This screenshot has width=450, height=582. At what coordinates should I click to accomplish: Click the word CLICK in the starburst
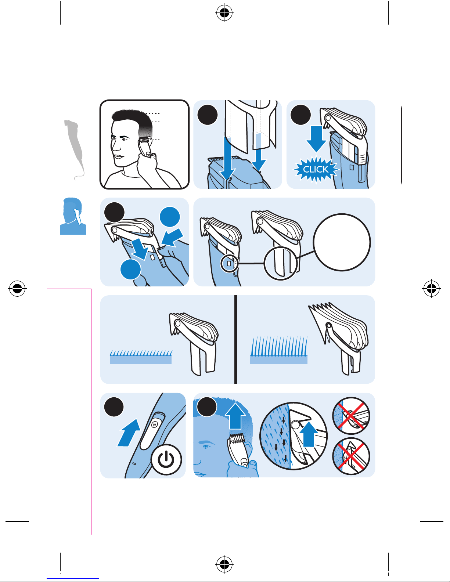click(x=316, y=169)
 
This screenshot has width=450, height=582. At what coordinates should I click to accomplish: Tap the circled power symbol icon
click(x=166, y=459)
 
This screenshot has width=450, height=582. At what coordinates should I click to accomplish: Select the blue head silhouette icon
click(x=73, y=216)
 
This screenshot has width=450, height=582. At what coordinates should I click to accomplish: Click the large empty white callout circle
click(x=342, y=242)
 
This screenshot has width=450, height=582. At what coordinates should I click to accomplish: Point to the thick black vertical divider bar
click(x=236, y=339)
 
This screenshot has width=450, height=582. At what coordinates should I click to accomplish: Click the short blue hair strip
click(x=141, y=357)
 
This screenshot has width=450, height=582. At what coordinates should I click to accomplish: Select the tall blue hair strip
click(x=279, y=350)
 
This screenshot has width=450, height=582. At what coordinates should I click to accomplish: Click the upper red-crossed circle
click(x=351, y=416)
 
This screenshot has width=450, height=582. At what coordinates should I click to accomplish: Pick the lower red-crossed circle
click(x=351, y=456)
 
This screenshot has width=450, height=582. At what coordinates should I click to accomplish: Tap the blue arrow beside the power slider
click(x=129, y=433)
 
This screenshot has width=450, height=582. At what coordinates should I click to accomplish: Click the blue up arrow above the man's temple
click(x=235, y=416)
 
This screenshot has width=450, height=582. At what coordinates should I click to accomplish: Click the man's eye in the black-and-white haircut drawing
click(x=124, y=139)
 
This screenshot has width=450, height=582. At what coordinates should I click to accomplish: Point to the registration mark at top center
click(x=224, y=12)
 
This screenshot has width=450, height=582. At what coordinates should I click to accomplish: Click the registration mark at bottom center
click(x=224, y=564)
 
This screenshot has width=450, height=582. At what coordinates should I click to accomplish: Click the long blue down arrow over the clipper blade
click(x=227, y=158)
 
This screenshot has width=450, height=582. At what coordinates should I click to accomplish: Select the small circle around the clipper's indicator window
click(x=229, y=264)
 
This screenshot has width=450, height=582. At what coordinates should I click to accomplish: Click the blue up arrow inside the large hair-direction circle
click(x=309, y=434)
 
